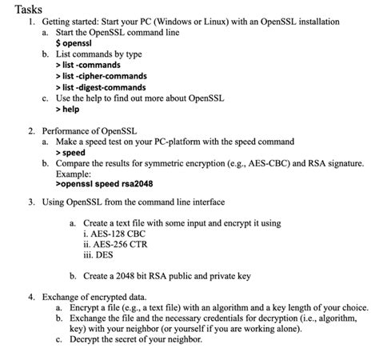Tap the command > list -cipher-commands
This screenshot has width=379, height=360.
click(99, 75)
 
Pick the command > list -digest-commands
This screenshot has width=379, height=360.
click(100, 87)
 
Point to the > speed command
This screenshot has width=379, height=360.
click(70, 151)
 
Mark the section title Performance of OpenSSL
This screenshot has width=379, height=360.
click(89, 130)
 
